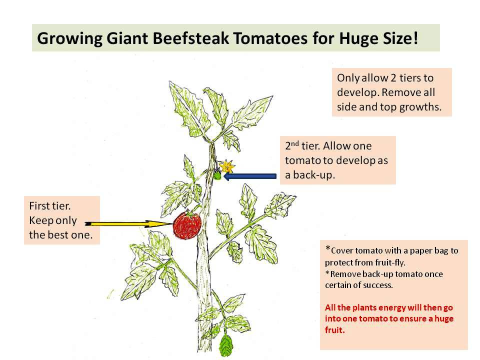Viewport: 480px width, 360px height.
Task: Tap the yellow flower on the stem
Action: [x=226, y=166]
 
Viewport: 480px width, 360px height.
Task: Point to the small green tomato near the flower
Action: [x=217, y=175]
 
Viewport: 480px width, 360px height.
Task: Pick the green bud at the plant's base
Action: [x=226, y=344]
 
